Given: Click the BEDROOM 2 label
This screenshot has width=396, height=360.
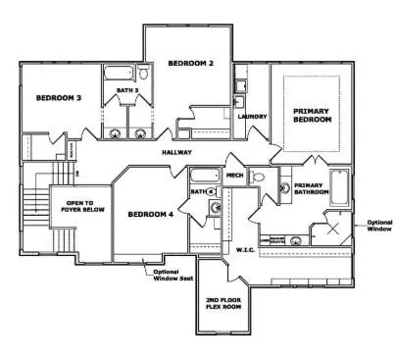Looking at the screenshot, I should pyautogui.click(x=190, y=64).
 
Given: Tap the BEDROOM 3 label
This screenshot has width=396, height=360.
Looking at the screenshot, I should pyautogui.click(x=59, y=98).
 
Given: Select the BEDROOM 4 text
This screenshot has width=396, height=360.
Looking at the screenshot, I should pyautogui.click(x=150, y=213).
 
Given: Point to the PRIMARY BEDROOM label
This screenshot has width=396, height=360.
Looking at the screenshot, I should pyautogui.click(x=312, y=115).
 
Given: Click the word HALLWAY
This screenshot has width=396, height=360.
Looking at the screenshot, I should pyautogui.click(x=177, y=153).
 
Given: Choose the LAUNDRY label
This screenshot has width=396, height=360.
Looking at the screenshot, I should pyautogui.click(x=252, y=117).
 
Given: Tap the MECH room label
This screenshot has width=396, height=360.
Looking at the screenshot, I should pyautogui.click(x=234, y=177).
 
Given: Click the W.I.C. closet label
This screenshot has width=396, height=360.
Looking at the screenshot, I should pyautogui.click(x=245, y=249).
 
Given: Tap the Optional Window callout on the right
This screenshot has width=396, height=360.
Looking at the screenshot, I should pyautogui.click(x=378, y=226).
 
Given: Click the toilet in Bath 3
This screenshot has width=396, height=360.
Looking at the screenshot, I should pyautogui.click(x=143, y=75).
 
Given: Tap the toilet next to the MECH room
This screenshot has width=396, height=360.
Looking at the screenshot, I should pyautogui.click(x=257, y=178).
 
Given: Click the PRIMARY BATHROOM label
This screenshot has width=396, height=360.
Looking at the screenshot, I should pyautogui.click(x=310, y=188).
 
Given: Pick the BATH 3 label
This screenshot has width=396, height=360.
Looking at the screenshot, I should pyautogui.click(x=128, y=91).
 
